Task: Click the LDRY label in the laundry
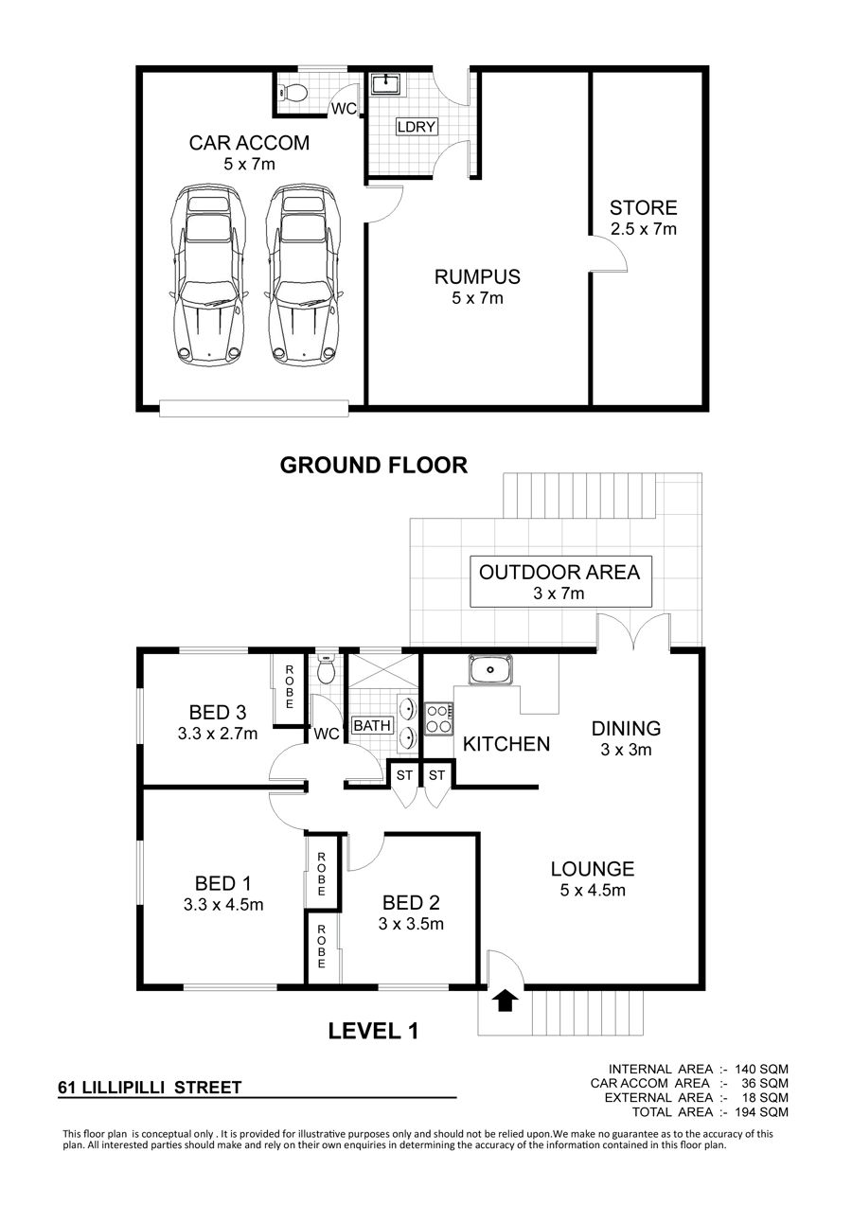point(417,127)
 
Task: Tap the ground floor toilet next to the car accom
point(293,93)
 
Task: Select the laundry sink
point(387,85)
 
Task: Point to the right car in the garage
point(303,275)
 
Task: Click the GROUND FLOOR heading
point(374,465)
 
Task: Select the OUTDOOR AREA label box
point(560,581)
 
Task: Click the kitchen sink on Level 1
point(490,670)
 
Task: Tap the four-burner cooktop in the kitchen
point(439,718)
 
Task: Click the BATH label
point(372,725)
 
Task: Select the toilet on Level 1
point(327,667)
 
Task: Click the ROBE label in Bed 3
point(290,687)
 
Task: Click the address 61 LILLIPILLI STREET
point(151,1088)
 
